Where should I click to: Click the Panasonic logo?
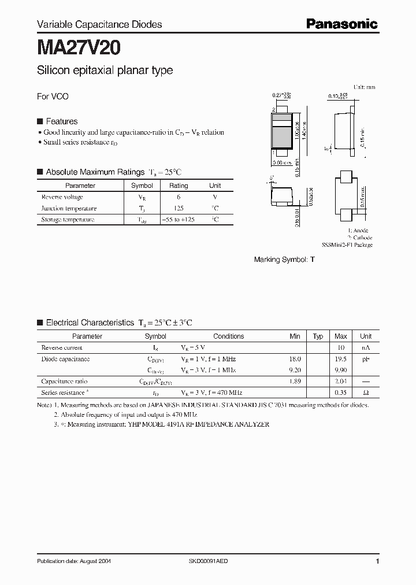[x=341, y=24]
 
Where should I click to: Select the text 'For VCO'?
[x=53, y=97]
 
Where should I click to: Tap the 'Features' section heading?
[x=61, y=121]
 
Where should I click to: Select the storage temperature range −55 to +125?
[x=178, y=220]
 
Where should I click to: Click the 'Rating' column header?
[x=178, y=186]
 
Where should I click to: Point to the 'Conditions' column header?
[x=228, y=336]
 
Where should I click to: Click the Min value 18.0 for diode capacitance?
[x=295, y=359]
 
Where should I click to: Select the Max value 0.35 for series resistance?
[x=341, y=393]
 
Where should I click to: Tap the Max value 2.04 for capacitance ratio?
[x=341, y=382]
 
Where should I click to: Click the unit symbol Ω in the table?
[x=366, y=393]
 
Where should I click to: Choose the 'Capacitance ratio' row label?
[x=65, y=382]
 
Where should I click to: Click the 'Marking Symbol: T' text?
[x=284, y=260]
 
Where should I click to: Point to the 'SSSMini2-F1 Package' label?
[x=347, y=245]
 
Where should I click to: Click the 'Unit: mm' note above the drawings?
[x=364, y=87]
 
